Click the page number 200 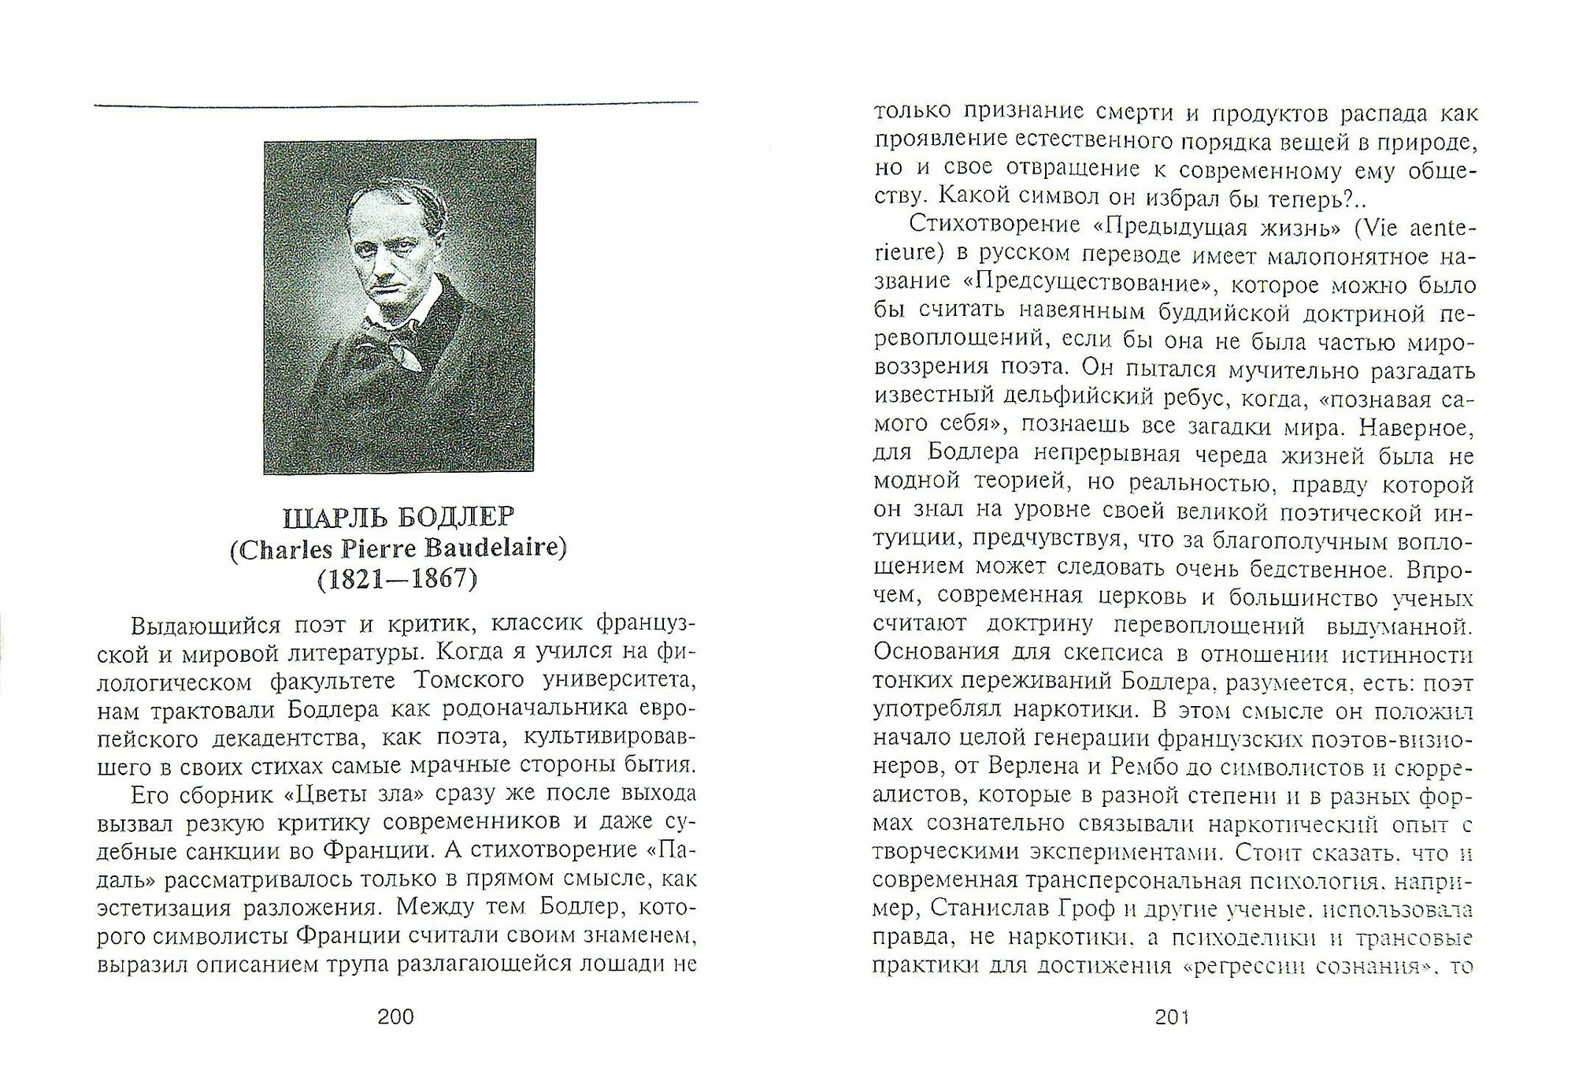tap(395, 1017)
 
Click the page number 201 tap(1172, 1017)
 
